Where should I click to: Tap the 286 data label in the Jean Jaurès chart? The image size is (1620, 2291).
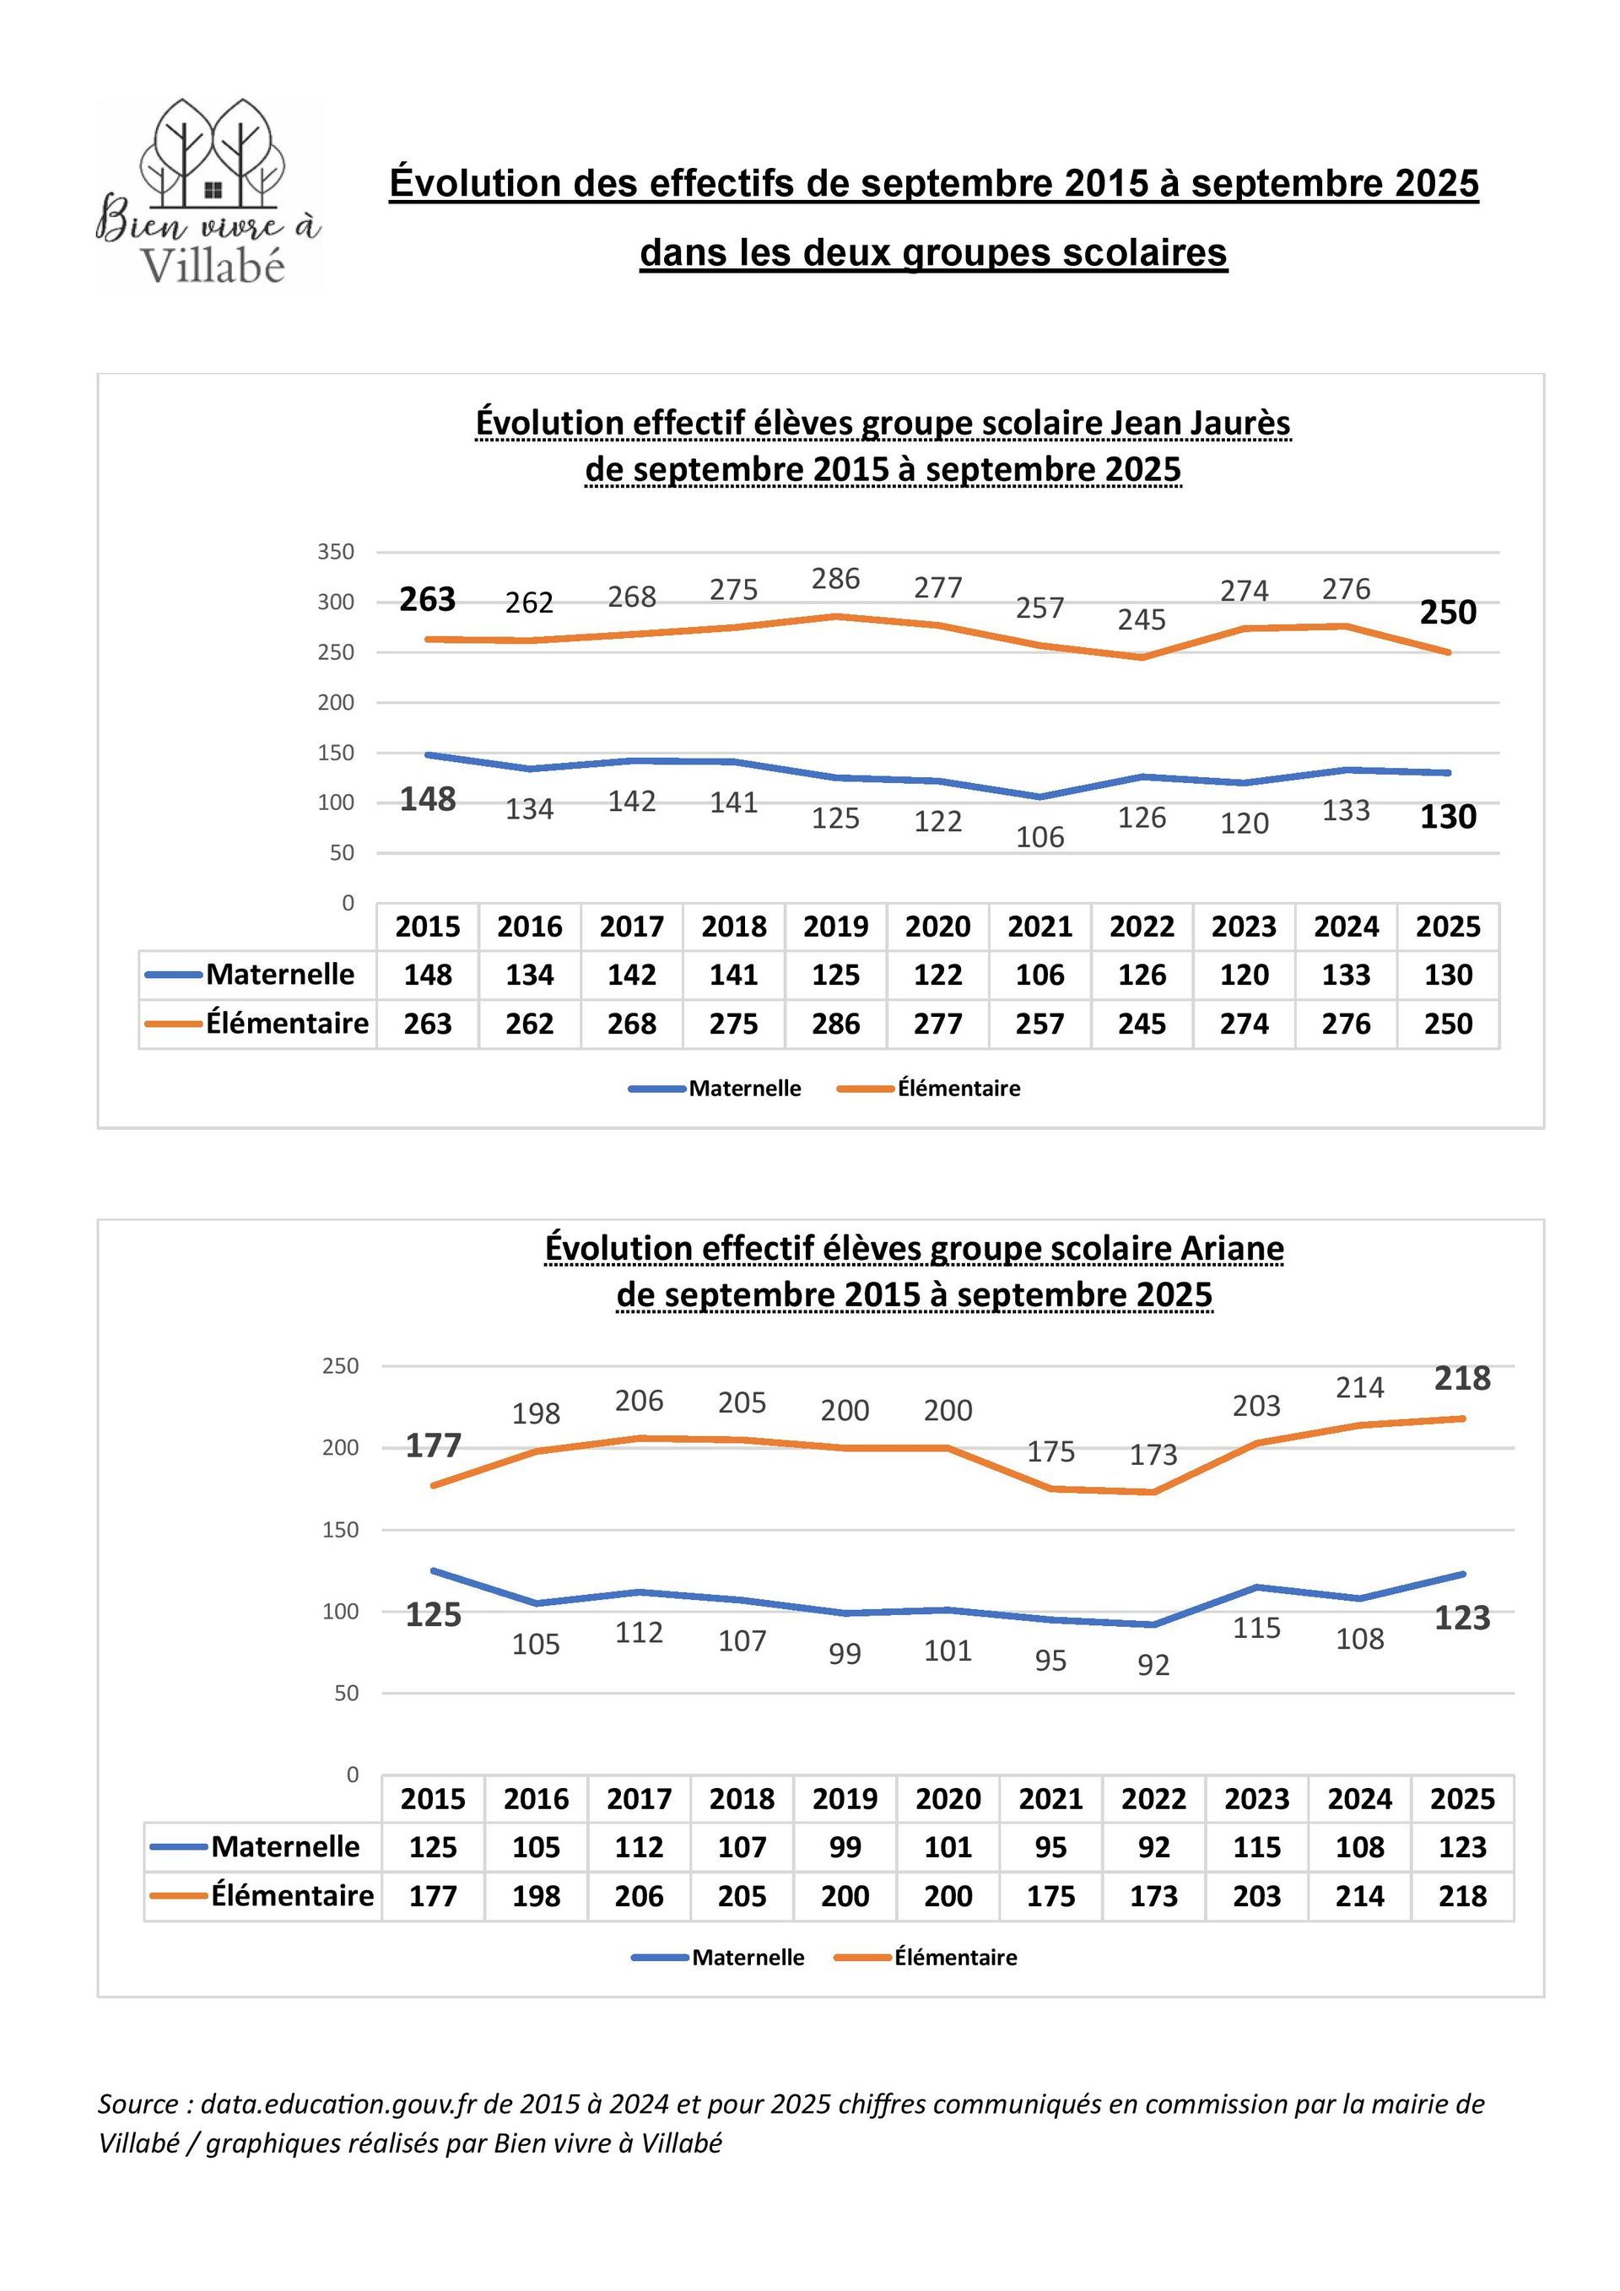tap(835, 579)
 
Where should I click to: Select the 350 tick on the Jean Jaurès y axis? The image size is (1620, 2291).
tap(336, 552)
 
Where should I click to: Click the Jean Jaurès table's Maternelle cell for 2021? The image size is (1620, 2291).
tap(1039, 975)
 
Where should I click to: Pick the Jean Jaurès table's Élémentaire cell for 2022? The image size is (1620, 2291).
tap(1142, 1024)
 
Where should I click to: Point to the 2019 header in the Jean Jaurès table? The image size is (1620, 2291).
tap(835, 927)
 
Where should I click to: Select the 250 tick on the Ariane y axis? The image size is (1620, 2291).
tap(340, 1366)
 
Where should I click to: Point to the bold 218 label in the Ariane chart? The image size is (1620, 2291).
tap(1462, 1378)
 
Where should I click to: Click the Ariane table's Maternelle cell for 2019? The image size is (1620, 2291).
tap(845, 1847)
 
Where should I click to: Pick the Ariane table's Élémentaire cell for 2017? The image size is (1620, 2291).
tap(639, 1896)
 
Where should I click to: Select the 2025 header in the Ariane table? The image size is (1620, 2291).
tap(1462, 1799)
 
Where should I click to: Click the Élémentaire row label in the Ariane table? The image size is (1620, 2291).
tap(291, 1896)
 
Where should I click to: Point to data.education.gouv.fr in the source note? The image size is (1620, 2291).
tap(339, 2105)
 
